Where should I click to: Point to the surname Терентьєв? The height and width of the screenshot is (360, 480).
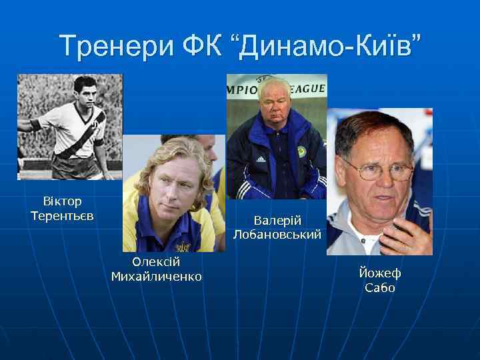point(62,216)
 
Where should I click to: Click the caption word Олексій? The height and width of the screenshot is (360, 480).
point(156,262)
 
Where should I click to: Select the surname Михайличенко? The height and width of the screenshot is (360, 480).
point(156,277)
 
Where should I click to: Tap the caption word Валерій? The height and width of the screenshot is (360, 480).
point(277,220)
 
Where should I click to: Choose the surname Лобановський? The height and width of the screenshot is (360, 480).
point(277,235)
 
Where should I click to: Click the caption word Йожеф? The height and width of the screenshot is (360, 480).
point(380,273)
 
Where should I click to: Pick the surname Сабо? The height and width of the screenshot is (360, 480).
point(380,288)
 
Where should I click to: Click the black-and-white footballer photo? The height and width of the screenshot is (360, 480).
point(69,127)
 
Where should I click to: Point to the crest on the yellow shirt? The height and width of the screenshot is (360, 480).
point(181,247)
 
